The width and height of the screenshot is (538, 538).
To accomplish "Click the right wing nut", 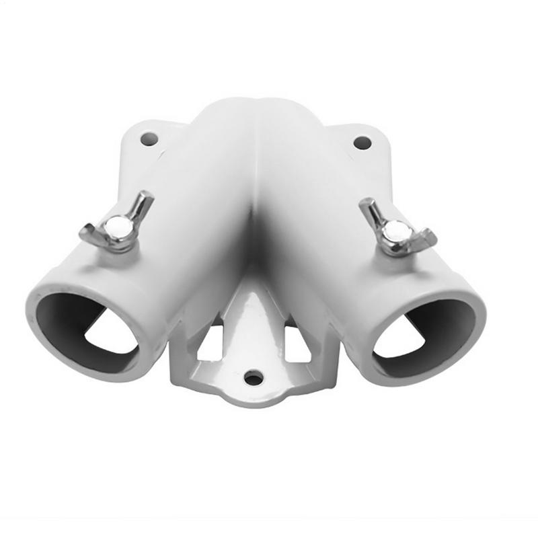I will point(397,229).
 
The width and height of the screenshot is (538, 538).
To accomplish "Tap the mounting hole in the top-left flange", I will point(149,139).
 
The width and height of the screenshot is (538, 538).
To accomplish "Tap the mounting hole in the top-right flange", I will point(362,143).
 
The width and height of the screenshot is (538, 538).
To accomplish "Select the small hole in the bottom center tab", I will point(254,378).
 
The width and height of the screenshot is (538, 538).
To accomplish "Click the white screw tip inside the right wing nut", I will point(397,231).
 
